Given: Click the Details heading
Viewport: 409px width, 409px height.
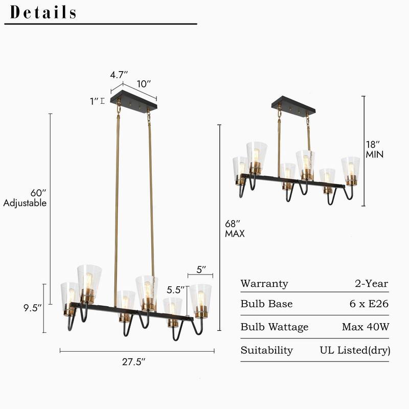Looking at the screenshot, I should point(44,12).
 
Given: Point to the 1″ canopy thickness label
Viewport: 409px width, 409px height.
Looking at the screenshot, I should point(94,101).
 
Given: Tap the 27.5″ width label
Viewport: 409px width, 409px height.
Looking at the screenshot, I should point(134,362).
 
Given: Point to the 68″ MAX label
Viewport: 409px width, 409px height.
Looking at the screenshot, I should point(235,229).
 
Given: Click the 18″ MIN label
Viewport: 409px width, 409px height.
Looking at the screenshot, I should point(375,149).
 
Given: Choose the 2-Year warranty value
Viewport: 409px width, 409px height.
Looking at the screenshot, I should point(372,284).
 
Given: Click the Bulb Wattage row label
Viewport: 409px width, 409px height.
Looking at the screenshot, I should point(275,327).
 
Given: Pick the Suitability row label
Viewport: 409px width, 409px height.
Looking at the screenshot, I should point(267,350).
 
